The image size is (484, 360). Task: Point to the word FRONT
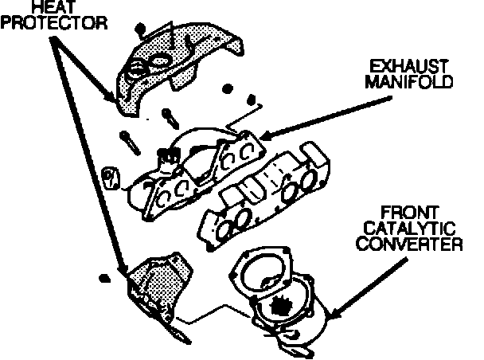point(408,213)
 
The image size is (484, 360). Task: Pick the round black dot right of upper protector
point(228,88)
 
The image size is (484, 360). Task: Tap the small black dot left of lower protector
point(103,278)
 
